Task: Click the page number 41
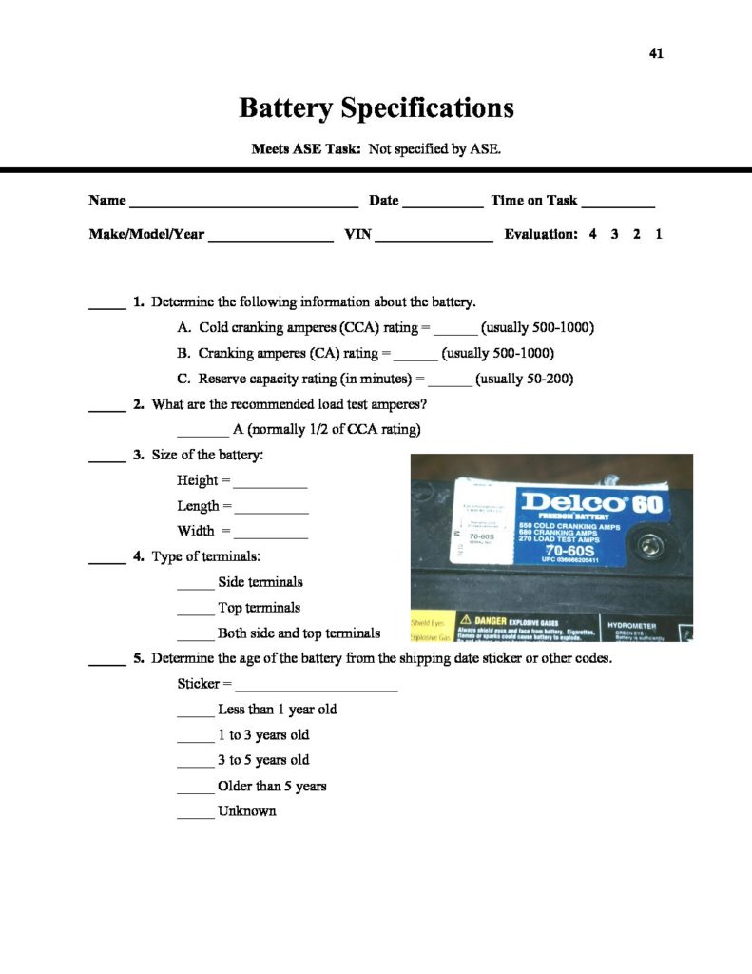[656, 53]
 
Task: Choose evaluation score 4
[592, 234]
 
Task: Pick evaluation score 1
[659, 234]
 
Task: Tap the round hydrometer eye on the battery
[651, 547]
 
